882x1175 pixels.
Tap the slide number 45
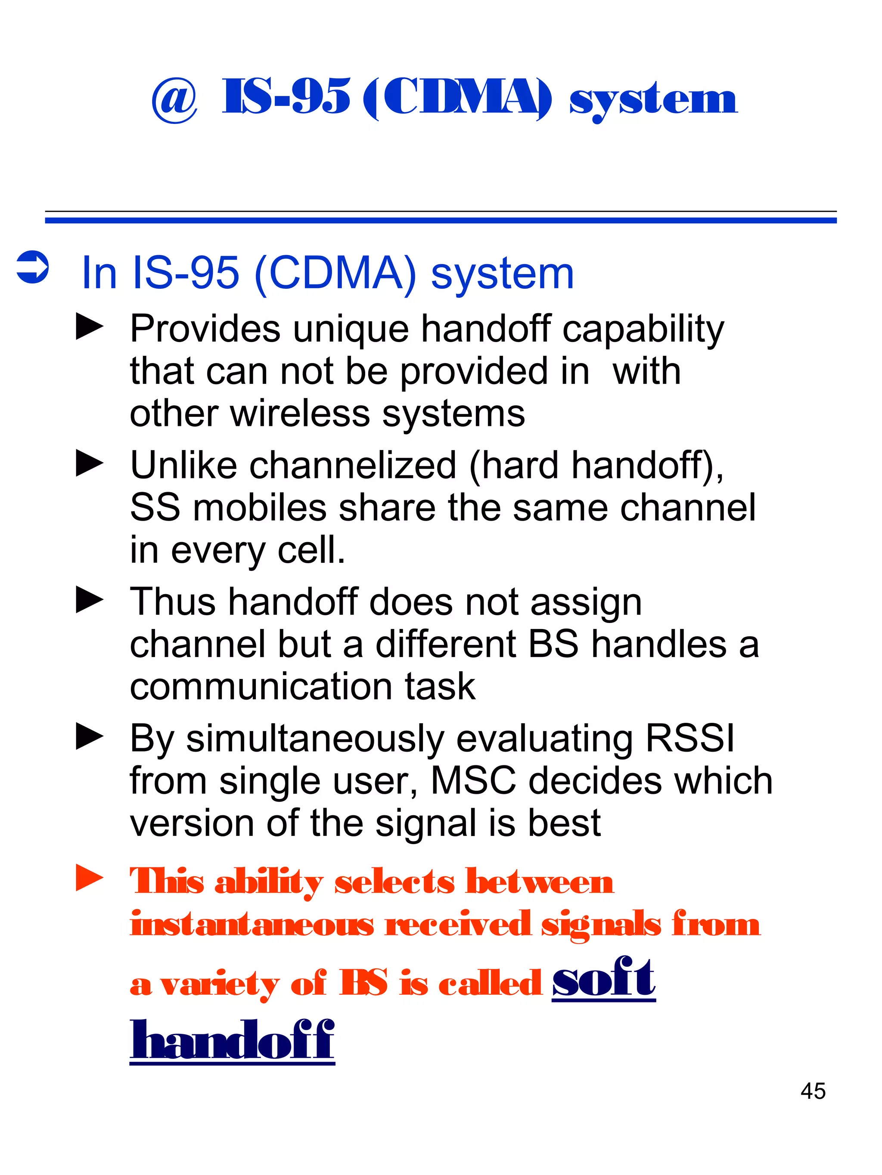(x=812, y=1091)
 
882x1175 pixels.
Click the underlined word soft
(x=603, y=978)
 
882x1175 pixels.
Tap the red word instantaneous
(x=252, y=924)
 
